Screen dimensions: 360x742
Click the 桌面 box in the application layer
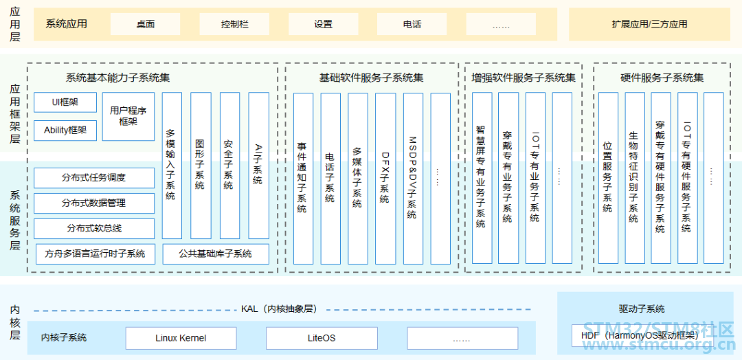pyautogui.click(x=145, y=24)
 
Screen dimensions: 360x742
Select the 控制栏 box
pyautogui.click(x=234, y=24)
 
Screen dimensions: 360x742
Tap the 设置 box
pyautogui.click(x=323, y=24)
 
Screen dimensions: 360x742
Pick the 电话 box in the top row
pyautogui.click(x=412, y=24)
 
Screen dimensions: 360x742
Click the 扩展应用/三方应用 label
pyautogui.click(x=649, y=24)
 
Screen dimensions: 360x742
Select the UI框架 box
pyautogui.click(x=65, y=102)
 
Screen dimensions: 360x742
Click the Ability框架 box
pyautogui.click(x=65, y=130)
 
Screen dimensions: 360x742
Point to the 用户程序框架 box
pyautogui.click(x=128, y=116)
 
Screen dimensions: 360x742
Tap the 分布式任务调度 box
pyautogui.click(x=94, y=178)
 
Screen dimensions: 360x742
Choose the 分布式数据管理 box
pyautogui.click(x=94, y=203)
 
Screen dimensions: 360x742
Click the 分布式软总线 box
pyautogui.click(x=94, y=228)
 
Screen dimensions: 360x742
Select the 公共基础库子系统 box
pyautogui.click(x=216, y=254)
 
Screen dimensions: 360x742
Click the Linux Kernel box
pyautogui.click(x=181, y=338)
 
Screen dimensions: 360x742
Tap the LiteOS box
pyautogui.click(x=322, y=338)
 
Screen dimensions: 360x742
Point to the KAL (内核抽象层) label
pyautogui.click(x=278, y=309)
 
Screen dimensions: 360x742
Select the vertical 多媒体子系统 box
pyautogui.click(x=357, y=178)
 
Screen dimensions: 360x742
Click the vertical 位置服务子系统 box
pyautogui.click(x=607, y=178)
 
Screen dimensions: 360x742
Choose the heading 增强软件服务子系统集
pyautogui.click(x=524, y=78)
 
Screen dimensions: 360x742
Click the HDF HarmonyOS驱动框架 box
pyautogui.click(x=639, y=336)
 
